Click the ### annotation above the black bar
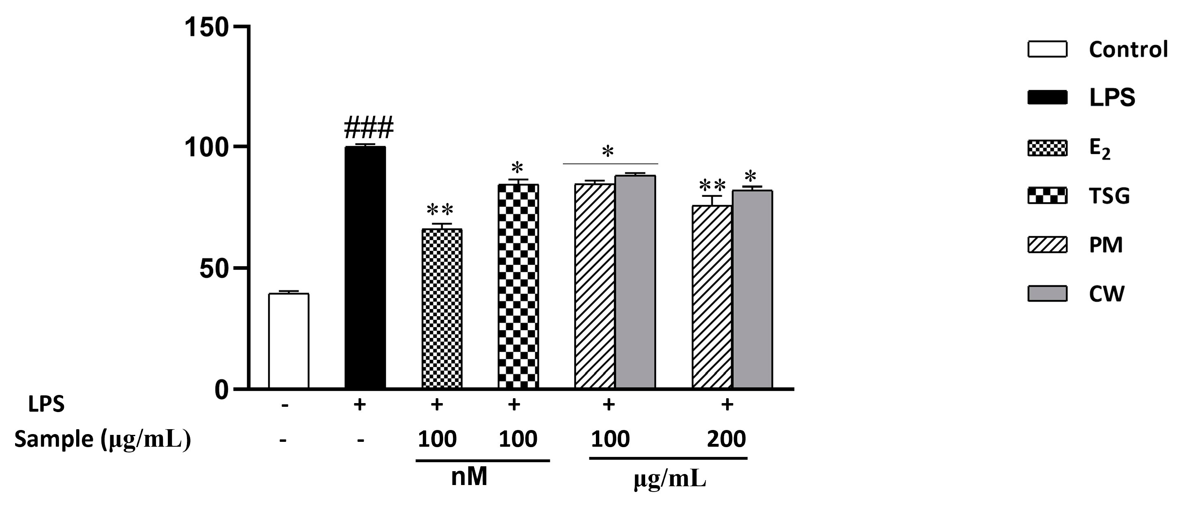point(369,128)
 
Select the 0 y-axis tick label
point(221,390)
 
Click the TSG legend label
point(1109,196)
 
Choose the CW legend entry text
point(1106,294)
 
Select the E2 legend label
point(1100,149)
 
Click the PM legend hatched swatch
point(1047,244)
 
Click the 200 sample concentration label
point(726,439)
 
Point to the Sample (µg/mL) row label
point(102,439)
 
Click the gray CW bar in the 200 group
point(752,289)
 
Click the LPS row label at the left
point(46,404)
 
